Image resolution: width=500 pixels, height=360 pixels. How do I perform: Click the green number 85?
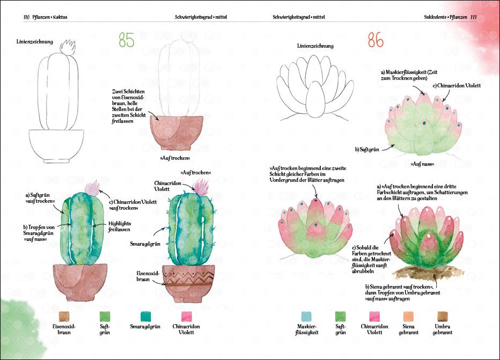(x=127, y=40)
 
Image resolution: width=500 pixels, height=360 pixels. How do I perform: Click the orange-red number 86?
(x=376, y=40)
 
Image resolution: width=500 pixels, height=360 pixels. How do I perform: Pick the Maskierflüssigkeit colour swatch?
(x=307, y=315)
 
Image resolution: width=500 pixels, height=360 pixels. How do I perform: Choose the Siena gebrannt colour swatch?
(x=407, y=315)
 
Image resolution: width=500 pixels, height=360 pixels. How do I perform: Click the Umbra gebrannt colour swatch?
(x=443, y=315)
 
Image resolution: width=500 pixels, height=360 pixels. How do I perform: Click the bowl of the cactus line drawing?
(x=56, y=146)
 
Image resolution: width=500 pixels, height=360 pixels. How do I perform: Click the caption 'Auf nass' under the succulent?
(x=422, y=164)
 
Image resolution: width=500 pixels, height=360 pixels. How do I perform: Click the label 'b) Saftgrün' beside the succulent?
(x=367, y=149)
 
